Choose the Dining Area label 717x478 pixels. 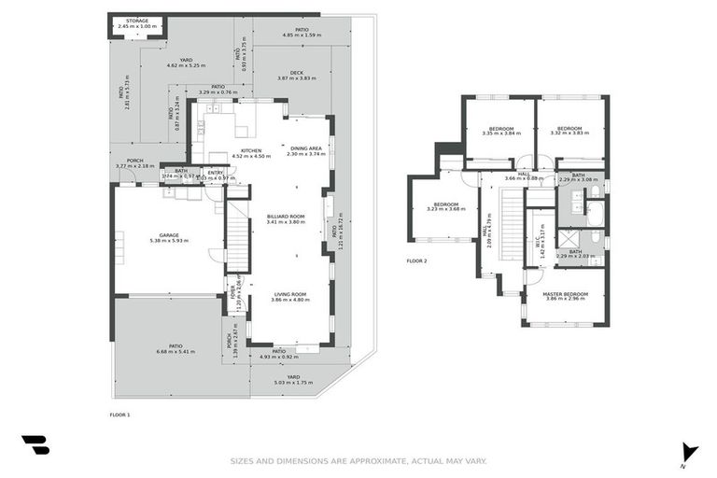(x=305, y=150)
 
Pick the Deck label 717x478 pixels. (x=296, y=75)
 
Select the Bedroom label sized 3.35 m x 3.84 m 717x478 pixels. (x=500, y=131)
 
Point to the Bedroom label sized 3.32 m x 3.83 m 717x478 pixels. (x=569, y=131)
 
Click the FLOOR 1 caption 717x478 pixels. (x=119, y=414)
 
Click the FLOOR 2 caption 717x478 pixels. (x=416, y=260)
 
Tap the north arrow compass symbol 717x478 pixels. (x=689, y=452)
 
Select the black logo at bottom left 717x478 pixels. (x=35, y=445)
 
